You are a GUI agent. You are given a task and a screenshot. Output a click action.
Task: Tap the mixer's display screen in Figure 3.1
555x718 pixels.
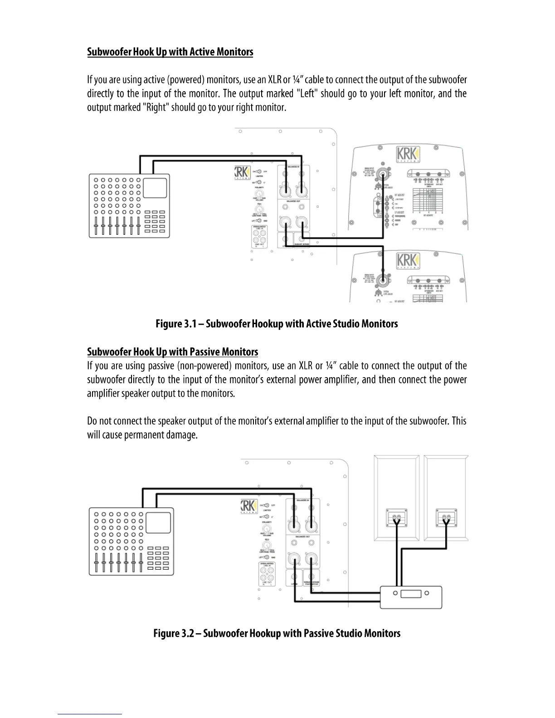click(155, 188)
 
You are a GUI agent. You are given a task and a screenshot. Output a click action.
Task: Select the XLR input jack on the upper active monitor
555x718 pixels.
click(383, 174)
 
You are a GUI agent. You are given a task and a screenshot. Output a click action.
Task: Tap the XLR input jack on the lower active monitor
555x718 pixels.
click(383, 280)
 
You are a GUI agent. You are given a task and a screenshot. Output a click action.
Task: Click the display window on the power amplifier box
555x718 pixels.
click(411, 593)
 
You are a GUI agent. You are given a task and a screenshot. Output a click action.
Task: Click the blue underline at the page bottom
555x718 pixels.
click(90, 714)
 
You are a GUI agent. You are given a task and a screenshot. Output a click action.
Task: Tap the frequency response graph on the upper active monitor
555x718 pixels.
click(427, 200)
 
